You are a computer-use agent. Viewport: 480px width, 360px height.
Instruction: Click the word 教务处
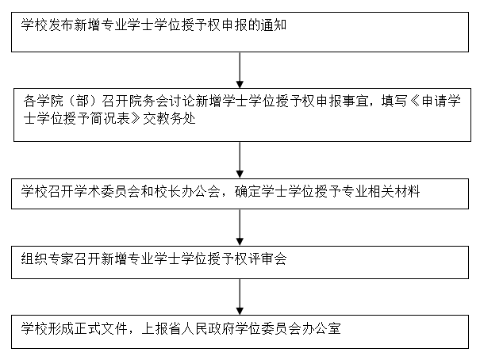(x=168, y=119)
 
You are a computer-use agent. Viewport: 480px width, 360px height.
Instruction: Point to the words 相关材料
(x=401, y=191)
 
